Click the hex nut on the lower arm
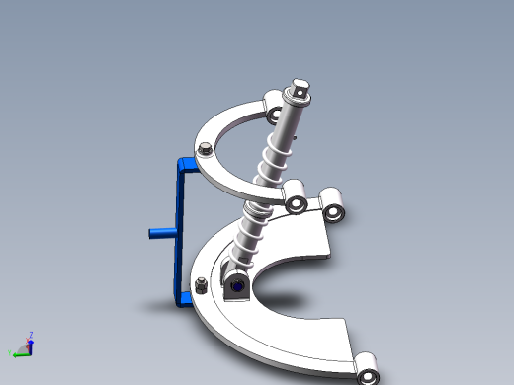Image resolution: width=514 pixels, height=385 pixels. [x=201, y=286]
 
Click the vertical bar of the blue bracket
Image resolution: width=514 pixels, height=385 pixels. [x=183, y=227]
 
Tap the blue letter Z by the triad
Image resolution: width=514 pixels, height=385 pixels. [x=32, y=335]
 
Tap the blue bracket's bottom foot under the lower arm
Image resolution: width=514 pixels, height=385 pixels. [x=183, y=300]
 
